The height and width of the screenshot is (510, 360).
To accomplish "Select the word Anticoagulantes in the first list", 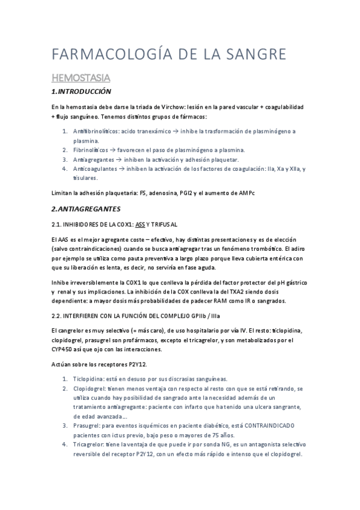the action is [94, 169].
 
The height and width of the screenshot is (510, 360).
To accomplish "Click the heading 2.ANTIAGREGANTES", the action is [86, 209].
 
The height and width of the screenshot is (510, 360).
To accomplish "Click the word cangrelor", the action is [73, 331].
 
